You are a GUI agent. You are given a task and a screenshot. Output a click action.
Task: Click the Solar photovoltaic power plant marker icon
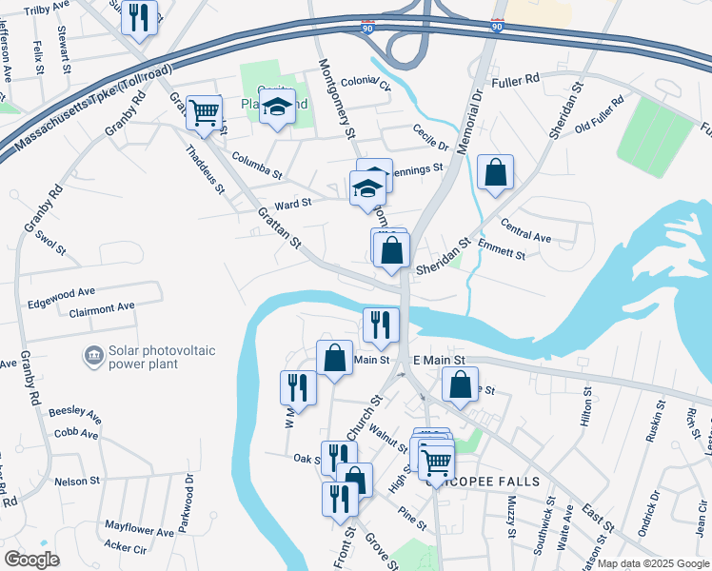tap(94, 356)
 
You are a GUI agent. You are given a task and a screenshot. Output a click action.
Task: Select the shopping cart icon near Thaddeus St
tap(204, 112)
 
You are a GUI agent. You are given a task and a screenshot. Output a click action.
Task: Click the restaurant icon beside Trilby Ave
tap(141, 16)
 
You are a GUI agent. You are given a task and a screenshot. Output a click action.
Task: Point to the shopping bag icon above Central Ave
tap(495, 172)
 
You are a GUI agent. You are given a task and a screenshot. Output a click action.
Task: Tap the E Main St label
tap(438, 361)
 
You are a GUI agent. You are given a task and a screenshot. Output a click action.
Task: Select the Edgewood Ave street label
tap(88, 292)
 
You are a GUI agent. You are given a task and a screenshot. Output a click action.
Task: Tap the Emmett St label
tap(504, 253)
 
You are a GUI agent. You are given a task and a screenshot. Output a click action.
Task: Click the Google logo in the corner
tap(31, 559)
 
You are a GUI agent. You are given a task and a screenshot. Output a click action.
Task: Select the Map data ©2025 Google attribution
tap(652, 563)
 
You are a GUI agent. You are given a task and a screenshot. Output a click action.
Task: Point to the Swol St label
tap(49, 245)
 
